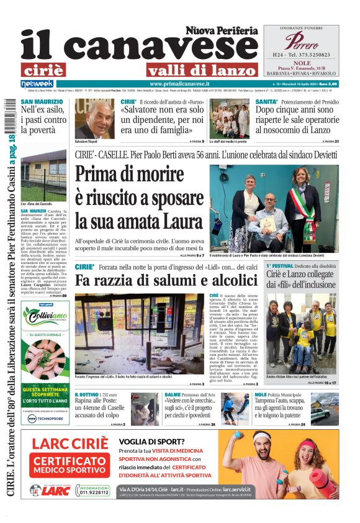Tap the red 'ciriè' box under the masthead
pyautogui.click(x=43, y=70)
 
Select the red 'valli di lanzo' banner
pyautogui.click(x=202, y=70)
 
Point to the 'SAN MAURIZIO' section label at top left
pyautogui.click(x=37, y=101)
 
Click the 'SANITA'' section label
pyautogui.click(x=266, y=101)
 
